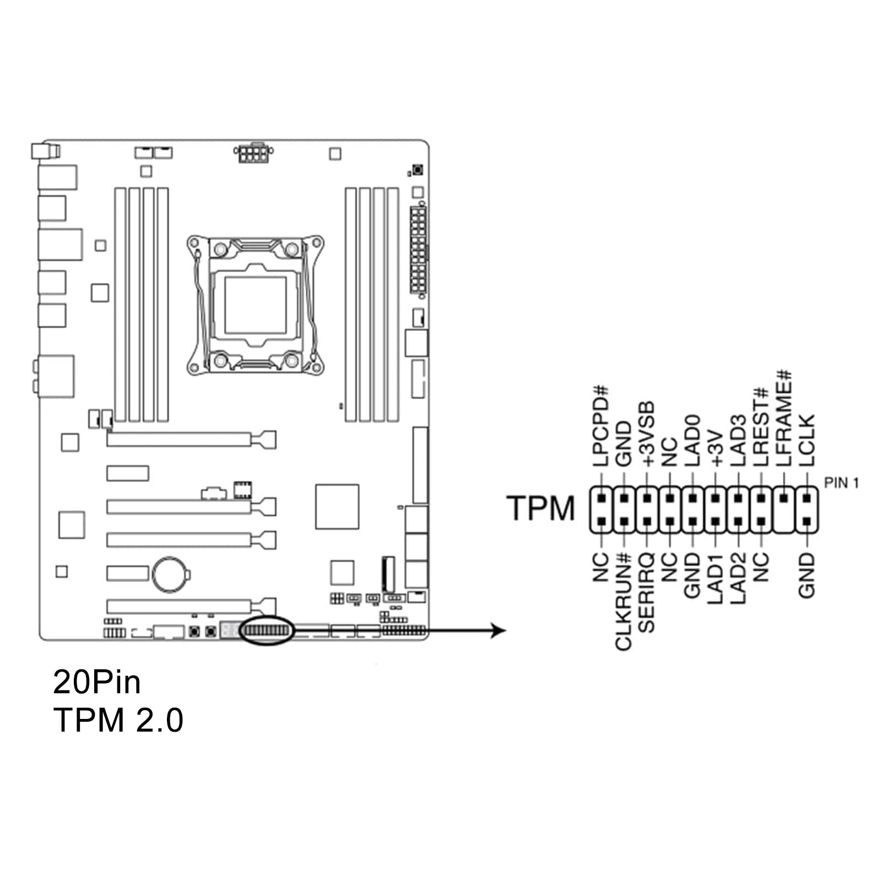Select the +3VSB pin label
[647, 434]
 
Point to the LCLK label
[806, 440]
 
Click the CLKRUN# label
[623, 602]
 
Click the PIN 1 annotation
[841, 483]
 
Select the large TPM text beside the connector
[540, 508]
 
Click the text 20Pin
[97, 682]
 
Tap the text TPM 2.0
[118, 719]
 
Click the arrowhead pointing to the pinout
[498, 630]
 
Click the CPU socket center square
[256, 305]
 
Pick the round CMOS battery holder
[170, 575]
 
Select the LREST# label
[760, 427]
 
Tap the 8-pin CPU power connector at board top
[253, 153]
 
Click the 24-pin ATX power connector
[419, 251]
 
